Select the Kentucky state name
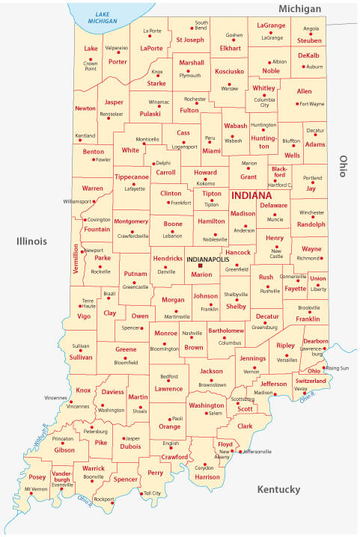pyautogui.click(x=278, y=489)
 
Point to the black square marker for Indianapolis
pyautogui.click(x=200, y=266)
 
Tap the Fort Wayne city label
pyautogui.click(x=311, y=104)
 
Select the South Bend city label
pyautogui.click(x=201, y=26)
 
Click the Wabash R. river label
pyautogui.click(x=44, y=434)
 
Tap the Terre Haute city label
pyautogui.click(x=88, y=303)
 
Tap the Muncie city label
pyautogui.click(x=275, y=220)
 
